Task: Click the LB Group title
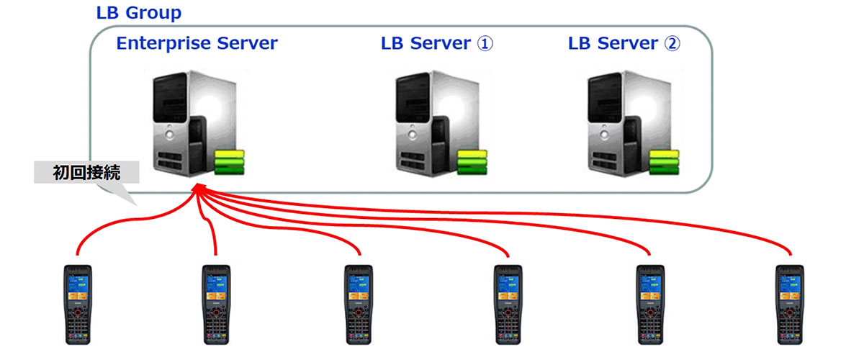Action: [x=139, y=13]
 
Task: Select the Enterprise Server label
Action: [x=197, y=43]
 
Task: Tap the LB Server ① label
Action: [x=437, y=43]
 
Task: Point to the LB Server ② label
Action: [x=624, y=43]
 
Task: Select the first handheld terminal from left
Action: [x=78, y=303]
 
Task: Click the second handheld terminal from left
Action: [x=215, y=303]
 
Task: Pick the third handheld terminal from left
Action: [x=358, y=303]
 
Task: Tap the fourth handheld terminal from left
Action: [x=508, y=303]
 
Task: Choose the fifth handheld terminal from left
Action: [x=650, y=303]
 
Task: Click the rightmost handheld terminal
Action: [x=789, y=303]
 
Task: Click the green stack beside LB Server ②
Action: [x=663, y=162]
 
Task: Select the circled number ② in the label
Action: [x=672, y=43]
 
